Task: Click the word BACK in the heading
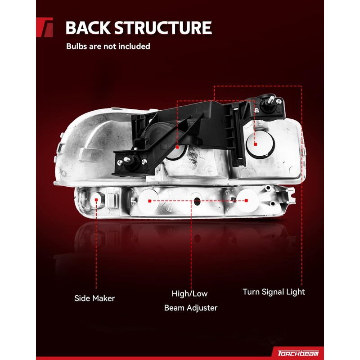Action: click(87, 28)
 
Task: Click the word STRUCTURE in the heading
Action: click(162, 28)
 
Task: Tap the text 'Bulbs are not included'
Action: click(108, 46)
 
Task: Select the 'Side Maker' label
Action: click(94, 298)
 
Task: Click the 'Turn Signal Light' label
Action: click(274, 292)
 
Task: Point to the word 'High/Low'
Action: click(189, 294)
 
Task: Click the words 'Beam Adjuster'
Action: click(190, 308)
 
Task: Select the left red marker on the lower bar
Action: click(149, 201)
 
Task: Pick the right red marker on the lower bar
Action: click(246, 201)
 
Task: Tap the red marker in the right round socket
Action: click(255, 144)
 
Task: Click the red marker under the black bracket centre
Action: click(178, 147)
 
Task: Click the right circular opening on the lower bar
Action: click(247, 201)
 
